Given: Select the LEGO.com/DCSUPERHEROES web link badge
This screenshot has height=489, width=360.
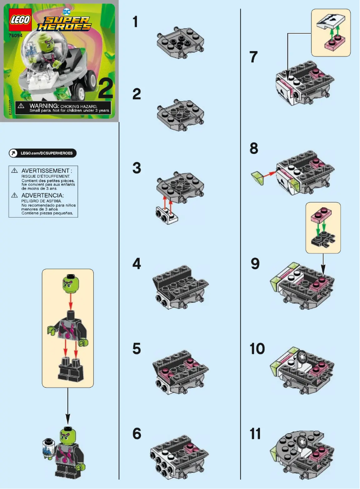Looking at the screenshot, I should tap(43, 153).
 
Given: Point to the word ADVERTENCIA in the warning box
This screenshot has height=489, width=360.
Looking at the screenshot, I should tap(43, 196).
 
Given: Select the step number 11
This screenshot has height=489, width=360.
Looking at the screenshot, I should tap(255, 434).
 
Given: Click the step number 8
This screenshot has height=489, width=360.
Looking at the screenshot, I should tap(254, 148).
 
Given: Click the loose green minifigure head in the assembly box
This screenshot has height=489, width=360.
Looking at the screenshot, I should tap(68, 284).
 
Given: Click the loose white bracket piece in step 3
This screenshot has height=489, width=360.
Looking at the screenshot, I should tap(167, 216).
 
